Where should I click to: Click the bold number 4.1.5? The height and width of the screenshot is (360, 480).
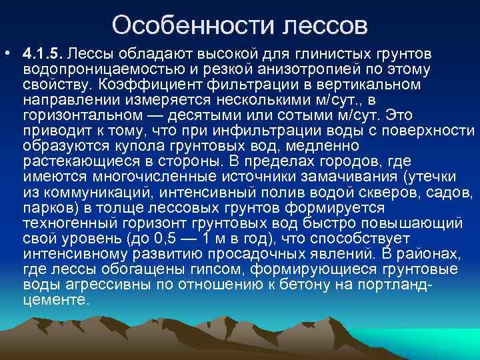pos(42,53)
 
